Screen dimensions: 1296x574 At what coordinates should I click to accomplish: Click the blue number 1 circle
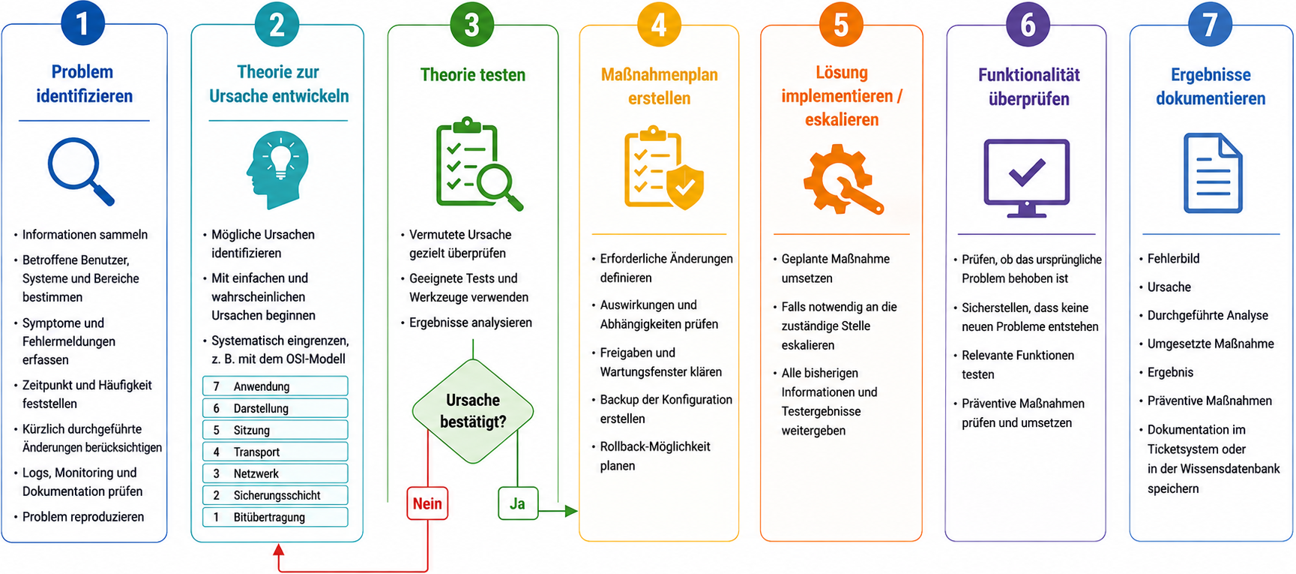tap(82, 23)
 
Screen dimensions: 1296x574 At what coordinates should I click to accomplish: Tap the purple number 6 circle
tap(1028, 24)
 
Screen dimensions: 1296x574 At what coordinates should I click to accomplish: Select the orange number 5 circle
tap(841, 24)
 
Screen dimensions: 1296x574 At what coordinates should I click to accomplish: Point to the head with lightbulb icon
tap(277, 170)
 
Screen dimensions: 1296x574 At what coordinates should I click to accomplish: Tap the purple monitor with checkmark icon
tap(1027, 178)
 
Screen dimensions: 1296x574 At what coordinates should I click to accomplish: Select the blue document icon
tap(1213, 173)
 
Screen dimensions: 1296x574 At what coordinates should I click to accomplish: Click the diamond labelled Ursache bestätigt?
tap(473, 411)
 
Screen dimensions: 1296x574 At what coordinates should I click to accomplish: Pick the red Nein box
tap(427, 503)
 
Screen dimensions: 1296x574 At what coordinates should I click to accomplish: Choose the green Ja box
tap(518, 503)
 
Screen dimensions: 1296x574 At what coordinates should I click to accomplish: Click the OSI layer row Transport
tap(275, 452)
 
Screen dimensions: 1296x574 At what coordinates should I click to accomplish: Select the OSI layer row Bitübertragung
tap(275, 517)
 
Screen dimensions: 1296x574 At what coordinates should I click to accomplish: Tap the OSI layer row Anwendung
tap(275, 386)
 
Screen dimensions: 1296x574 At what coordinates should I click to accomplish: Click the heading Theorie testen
tap(473, 74)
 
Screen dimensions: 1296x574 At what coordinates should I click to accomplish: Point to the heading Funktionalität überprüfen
tap(1029, 86)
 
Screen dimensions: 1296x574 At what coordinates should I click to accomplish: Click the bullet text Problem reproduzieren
tap(83, 517)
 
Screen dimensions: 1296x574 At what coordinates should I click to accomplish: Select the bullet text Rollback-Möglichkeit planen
tap(655, 456)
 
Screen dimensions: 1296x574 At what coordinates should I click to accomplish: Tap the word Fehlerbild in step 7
tap(1174, 259)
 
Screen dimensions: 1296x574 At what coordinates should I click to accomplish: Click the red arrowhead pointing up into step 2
tap(279, 550)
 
